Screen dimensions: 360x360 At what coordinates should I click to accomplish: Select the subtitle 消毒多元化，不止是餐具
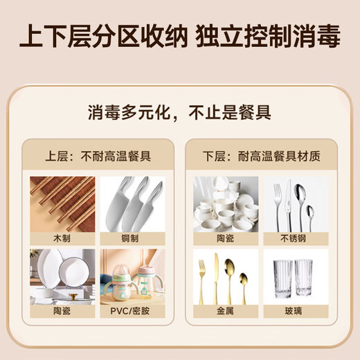[179, 111]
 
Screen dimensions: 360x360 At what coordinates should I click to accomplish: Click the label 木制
[62, 237]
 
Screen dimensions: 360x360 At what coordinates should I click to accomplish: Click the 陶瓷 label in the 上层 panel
[62, 312]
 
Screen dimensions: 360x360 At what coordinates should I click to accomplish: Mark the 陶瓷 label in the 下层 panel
[226, 237]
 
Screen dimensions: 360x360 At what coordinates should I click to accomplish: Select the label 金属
[226, 312]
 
